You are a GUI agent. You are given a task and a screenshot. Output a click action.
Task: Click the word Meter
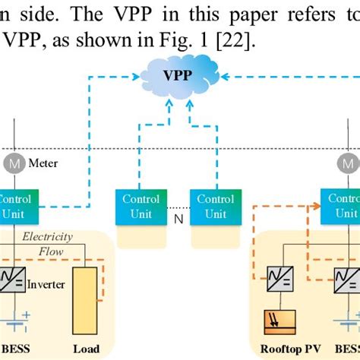[x=43, y=163]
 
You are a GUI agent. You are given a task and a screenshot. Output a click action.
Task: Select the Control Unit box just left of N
[x=141, y=205]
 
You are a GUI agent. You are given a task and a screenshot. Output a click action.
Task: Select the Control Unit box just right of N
[x=215, y=205]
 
